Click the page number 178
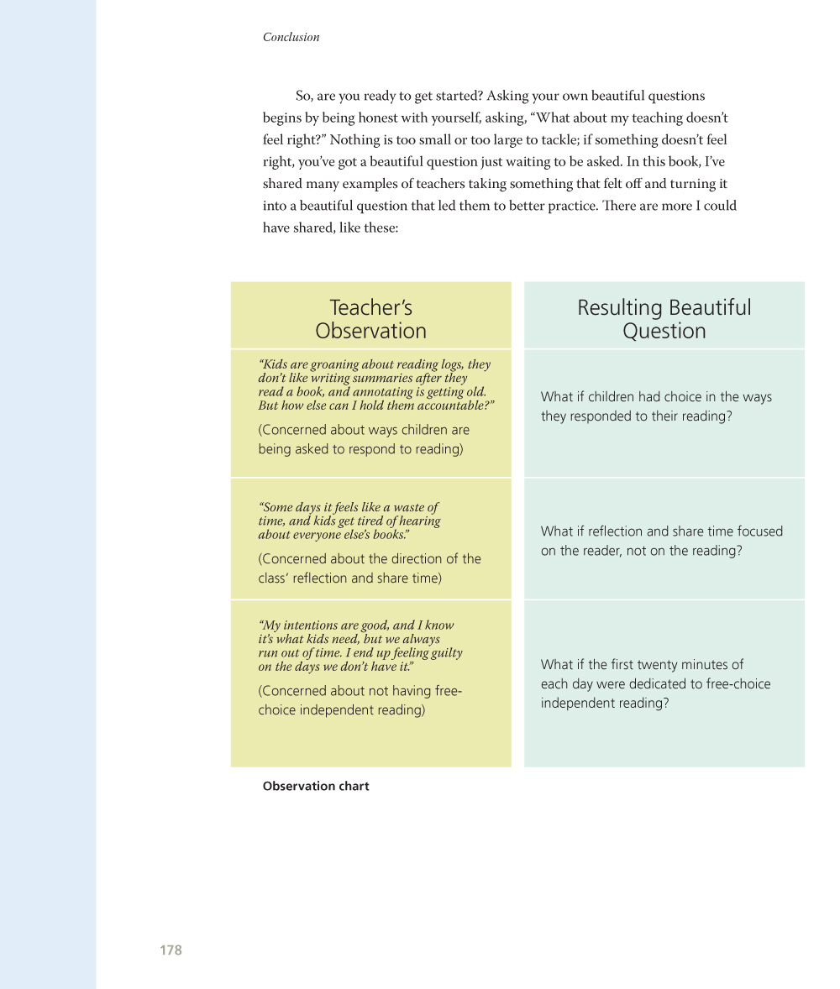pyautogui.click(x=171, y=950)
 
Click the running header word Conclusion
pyautogui.click(x=291, y=37)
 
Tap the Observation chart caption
pyautogui.click(x=316, y=787)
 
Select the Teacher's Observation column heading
pyautogui.click(x=370, y=319)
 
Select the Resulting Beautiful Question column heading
pyautogui.click(x=664, y=319)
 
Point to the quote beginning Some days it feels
pyautogui.click(x=349, y=521)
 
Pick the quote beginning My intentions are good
pyautogui.click(x=360, y=646)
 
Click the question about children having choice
pyautogui.click(x=656, y=406)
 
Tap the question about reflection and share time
pyautogui.click(x=661, y=541)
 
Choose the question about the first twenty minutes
pyautogui.click(x=655, y=683)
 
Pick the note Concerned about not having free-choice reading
pyautogui.click(x=360, y=700)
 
